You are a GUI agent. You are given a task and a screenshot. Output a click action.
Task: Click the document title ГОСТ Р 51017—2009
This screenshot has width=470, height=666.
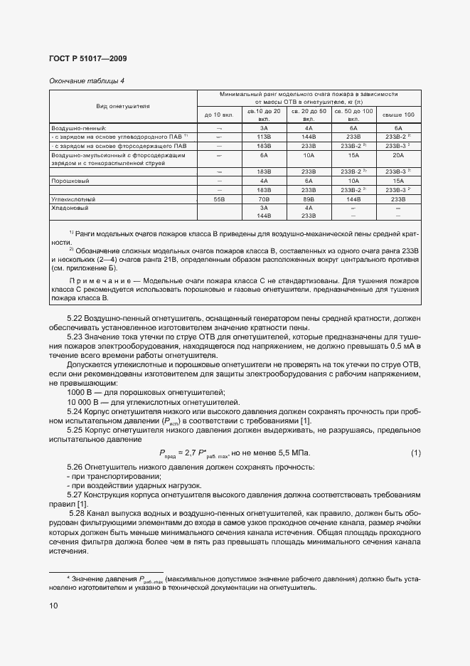(x=88, y=58)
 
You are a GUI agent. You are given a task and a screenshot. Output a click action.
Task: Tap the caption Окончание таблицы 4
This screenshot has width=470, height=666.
(x=86, y=80)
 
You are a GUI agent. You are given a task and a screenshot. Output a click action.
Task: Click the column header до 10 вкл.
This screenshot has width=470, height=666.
(x=219, y=114)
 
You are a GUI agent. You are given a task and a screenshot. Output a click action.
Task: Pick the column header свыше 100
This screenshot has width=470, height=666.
(x=398, y=114)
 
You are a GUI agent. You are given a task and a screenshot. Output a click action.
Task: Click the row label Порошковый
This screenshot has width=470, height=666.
(x=69, y=181)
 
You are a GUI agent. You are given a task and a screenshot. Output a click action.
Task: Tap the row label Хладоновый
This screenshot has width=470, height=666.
(x=70, y=208)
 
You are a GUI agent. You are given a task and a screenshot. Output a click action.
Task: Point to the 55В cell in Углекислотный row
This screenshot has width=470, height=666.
(x=219, y=200)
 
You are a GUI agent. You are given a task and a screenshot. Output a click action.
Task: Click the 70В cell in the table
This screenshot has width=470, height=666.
(x=265, y=200)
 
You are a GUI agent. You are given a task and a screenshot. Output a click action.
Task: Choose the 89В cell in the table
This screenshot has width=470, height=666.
(x=309, y=200)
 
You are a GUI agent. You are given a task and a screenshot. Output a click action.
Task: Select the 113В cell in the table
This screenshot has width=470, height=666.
(x=265, y=135)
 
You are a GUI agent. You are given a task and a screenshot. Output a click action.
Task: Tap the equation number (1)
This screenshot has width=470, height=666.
(x=415, y=453)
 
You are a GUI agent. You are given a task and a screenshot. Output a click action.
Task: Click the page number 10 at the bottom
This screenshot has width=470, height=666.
(x=54, y=606)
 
